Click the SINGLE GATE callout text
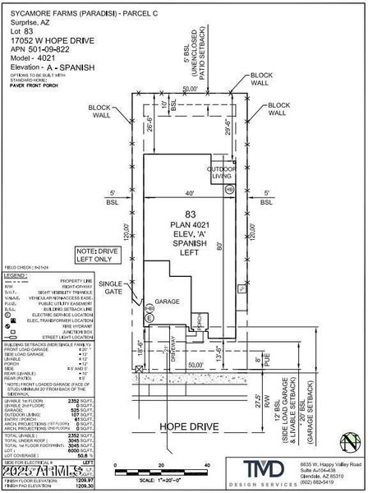click(111, 287)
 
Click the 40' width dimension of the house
click(190, 193)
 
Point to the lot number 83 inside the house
click(191, 214)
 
